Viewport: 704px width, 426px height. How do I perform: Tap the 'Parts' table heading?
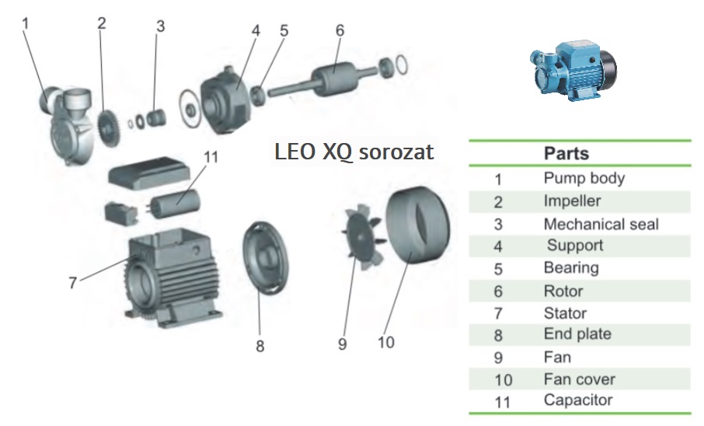566,153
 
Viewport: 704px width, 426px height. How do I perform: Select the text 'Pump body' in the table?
584,178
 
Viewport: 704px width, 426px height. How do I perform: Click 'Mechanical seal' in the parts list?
601,224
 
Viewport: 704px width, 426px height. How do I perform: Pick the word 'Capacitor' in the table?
578,400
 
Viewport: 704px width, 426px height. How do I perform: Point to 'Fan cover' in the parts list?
579,379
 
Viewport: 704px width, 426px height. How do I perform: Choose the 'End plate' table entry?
577,334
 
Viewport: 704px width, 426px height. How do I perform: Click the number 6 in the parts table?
499,292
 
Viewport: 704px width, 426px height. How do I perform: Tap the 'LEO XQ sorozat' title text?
354,151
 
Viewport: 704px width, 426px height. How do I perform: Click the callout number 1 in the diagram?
25,23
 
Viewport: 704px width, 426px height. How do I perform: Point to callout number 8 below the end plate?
260,345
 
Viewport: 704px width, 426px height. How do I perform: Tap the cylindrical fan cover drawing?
418,225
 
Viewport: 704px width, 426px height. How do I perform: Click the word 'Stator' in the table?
565,313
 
